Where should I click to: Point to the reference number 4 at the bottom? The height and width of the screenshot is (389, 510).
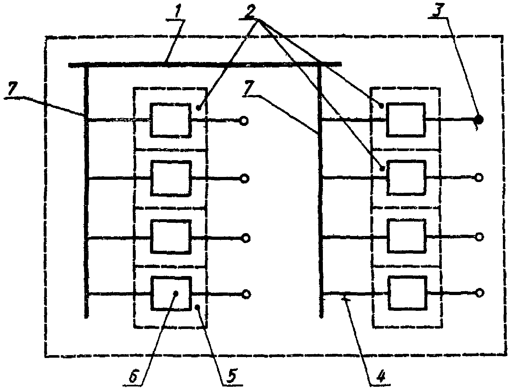pos(380,376)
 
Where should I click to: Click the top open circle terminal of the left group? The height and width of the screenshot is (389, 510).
pos(245,121)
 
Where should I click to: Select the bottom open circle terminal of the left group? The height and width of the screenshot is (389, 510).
pos(246,294)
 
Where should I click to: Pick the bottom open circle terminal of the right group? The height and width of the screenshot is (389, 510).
pos(480,292)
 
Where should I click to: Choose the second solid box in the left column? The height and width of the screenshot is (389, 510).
pos(171,178)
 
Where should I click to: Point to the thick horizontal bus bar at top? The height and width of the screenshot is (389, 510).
pos(204,64)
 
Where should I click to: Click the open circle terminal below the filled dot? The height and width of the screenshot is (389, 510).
pos(479,177)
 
